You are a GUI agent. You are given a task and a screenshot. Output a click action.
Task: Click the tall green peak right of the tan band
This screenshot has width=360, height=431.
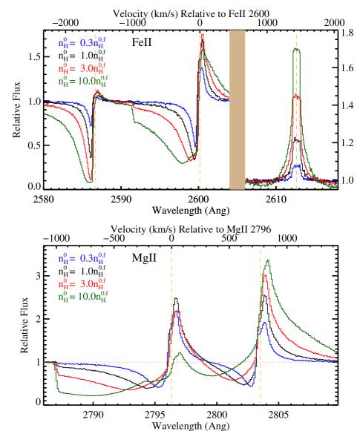tap(296, 50)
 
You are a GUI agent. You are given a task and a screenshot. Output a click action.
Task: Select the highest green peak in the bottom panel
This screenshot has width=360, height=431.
tap(267, 260)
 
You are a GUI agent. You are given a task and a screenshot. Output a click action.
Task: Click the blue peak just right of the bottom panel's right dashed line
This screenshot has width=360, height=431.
tap(264, 323)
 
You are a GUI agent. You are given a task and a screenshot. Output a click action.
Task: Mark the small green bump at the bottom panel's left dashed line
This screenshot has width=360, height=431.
tap(179, 354)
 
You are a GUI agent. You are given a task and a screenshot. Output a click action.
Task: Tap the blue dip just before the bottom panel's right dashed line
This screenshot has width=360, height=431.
tap(255, 385)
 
